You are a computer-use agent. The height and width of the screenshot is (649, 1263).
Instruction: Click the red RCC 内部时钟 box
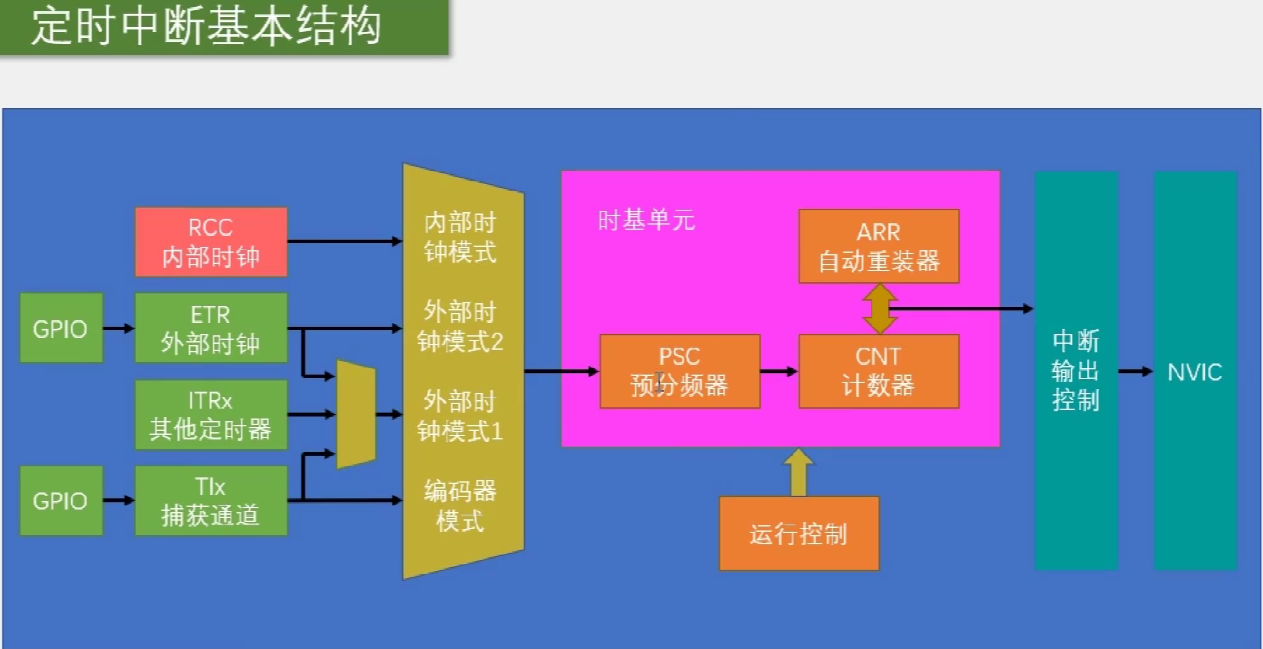tap(211, 242)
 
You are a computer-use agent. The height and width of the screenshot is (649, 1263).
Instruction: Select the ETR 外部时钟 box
tap(211, 327)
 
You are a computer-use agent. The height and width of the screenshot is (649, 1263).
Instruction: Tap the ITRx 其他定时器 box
tap(211, 415)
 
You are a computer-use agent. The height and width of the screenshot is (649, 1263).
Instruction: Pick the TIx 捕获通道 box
tap(211, 500)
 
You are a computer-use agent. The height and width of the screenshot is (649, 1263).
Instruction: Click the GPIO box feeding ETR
tap(61, 327)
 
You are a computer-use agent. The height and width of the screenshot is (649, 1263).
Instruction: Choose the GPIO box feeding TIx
tap(61, 500)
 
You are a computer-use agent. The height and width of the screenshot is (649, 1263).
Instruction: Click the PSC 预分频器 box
tap(680, 371)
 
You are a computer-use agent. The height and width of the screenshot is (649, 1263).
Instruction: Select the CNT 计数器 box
tap(879, 371)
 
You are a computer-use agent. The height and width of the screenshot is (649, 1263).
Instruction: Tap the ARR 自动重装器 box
tap(879, 246)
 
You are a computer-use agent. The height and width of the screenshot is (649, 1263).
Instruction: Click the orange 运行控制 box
tap(799, 533)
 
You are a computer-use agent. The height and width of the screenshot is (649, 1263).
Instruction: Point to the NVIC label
tap(1195, 372)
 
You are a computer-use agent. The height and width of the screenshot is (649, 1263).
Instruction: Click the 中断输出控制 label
tap(1076, 371)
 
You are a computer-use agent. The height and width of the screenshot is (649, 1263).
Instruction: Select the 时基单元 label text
tap(646, 220)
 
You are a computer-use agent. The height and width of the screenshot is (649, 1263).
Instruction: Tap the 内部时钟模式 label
tap(460, 237)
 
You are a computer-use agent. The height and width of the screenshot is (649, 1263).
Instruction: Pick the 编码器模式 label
tap(460, 506)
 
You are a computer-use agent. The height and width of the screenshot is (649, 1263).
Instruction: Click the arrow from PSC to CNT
tap(779, 371)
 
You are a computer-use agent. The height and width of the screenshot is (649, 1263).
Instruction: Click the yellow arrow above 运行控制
tap(798, 472)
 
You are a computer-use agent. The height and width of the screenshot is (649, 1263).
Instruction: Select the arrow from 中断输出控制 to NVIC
tap(1135, 371)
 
